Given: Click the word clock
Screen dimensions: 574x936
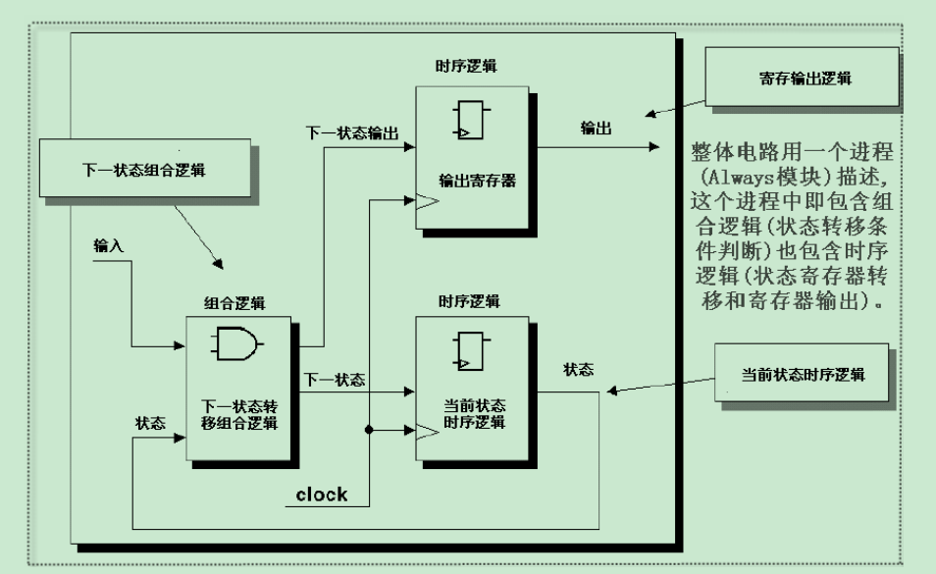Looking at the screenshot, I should [x=322, y=494].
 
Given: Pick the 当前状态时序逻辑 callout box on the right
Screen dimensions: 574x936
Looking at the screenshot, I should [x=804, y=375].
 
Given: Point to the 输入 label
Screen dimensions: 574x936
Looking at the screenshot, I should [x=108, y=244].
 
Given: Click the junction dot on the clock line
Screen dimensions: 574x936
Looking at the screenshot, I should [x=370, y=430].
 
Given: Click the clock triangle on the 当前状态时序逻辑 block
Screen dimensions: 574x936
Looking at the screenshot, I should [x=426, y=431].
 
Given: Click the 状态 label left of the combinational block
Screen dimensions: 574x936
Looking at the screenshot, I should [x=149, y=421].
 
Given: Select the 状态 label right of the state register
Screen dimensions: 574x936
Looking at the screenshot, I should [x=578, y=370].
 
